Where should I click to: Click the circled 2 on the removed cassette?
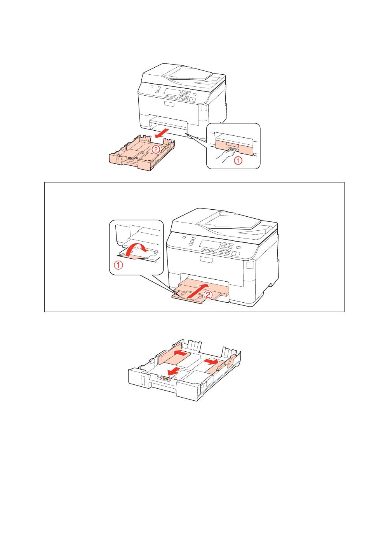pyautogui.click(x=155, y=149)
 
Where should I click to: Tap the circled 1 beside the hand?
pyautogui.click(x=238, y=161)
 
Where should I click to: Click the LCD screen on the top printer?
pyautogui.click(x=172, y=92)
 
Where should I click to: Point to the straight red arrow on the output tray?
pyautogui.click(x=197, y=291)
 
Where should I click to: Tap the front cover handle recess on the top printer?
pyautogui.click(x=169, y=104)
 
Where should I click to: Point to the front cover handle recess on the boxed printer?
pyautogui.click(x=205, y=259)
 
